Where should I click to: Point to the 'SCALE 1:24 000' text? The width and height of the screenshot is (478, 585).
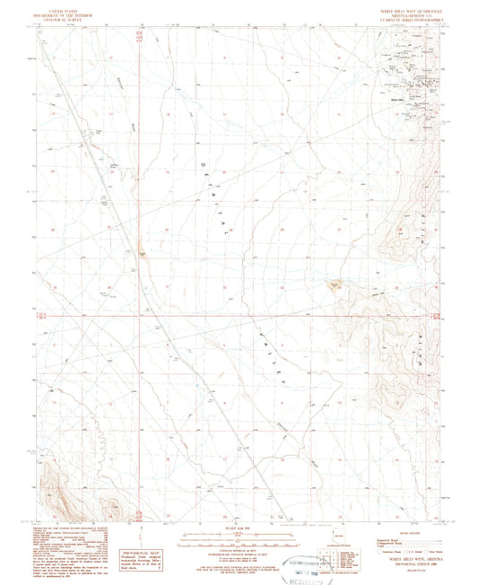239,527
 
